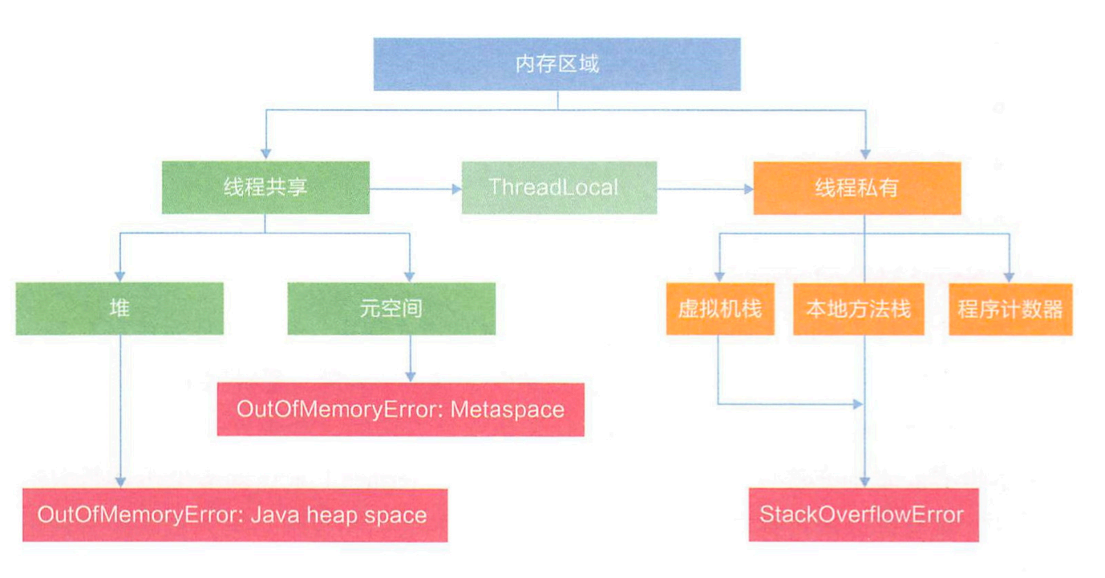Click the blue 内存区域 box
click(x=557, y=64)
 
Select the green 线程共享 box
click(x=265, y=187)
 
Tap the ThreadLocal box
click(x=559, y=187)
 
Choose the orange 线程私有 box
click(x=857, y=188)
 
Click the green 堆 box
click(x=119, y=309)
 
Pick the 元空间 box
click(x=391, y=309)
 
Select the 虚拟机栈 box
click(x=720, y=309)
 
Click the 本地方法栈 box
click(x=858, y=309)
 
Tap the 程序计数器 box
click(x=1010, y=310)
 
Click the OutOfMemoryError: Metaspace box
click(x=401, y=409)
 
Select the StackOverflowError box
click(x=864, y=515)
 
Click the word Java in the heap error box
click(x=275, y=515)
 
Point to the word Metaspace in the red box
click(x=507, y=410)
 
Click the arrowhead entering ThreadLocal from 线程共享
click(x=457, y=189)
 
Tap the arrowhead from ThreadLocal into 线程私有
click(x=749, y=189)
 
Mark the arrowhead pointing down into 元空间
click(x=410, y=277)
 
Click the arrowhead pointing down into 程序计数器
click(x=1010, y=278)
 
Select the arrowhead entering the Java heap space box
click(x=120, y=482)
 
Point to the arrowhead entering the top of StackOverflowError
click(x=864, y=482)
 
